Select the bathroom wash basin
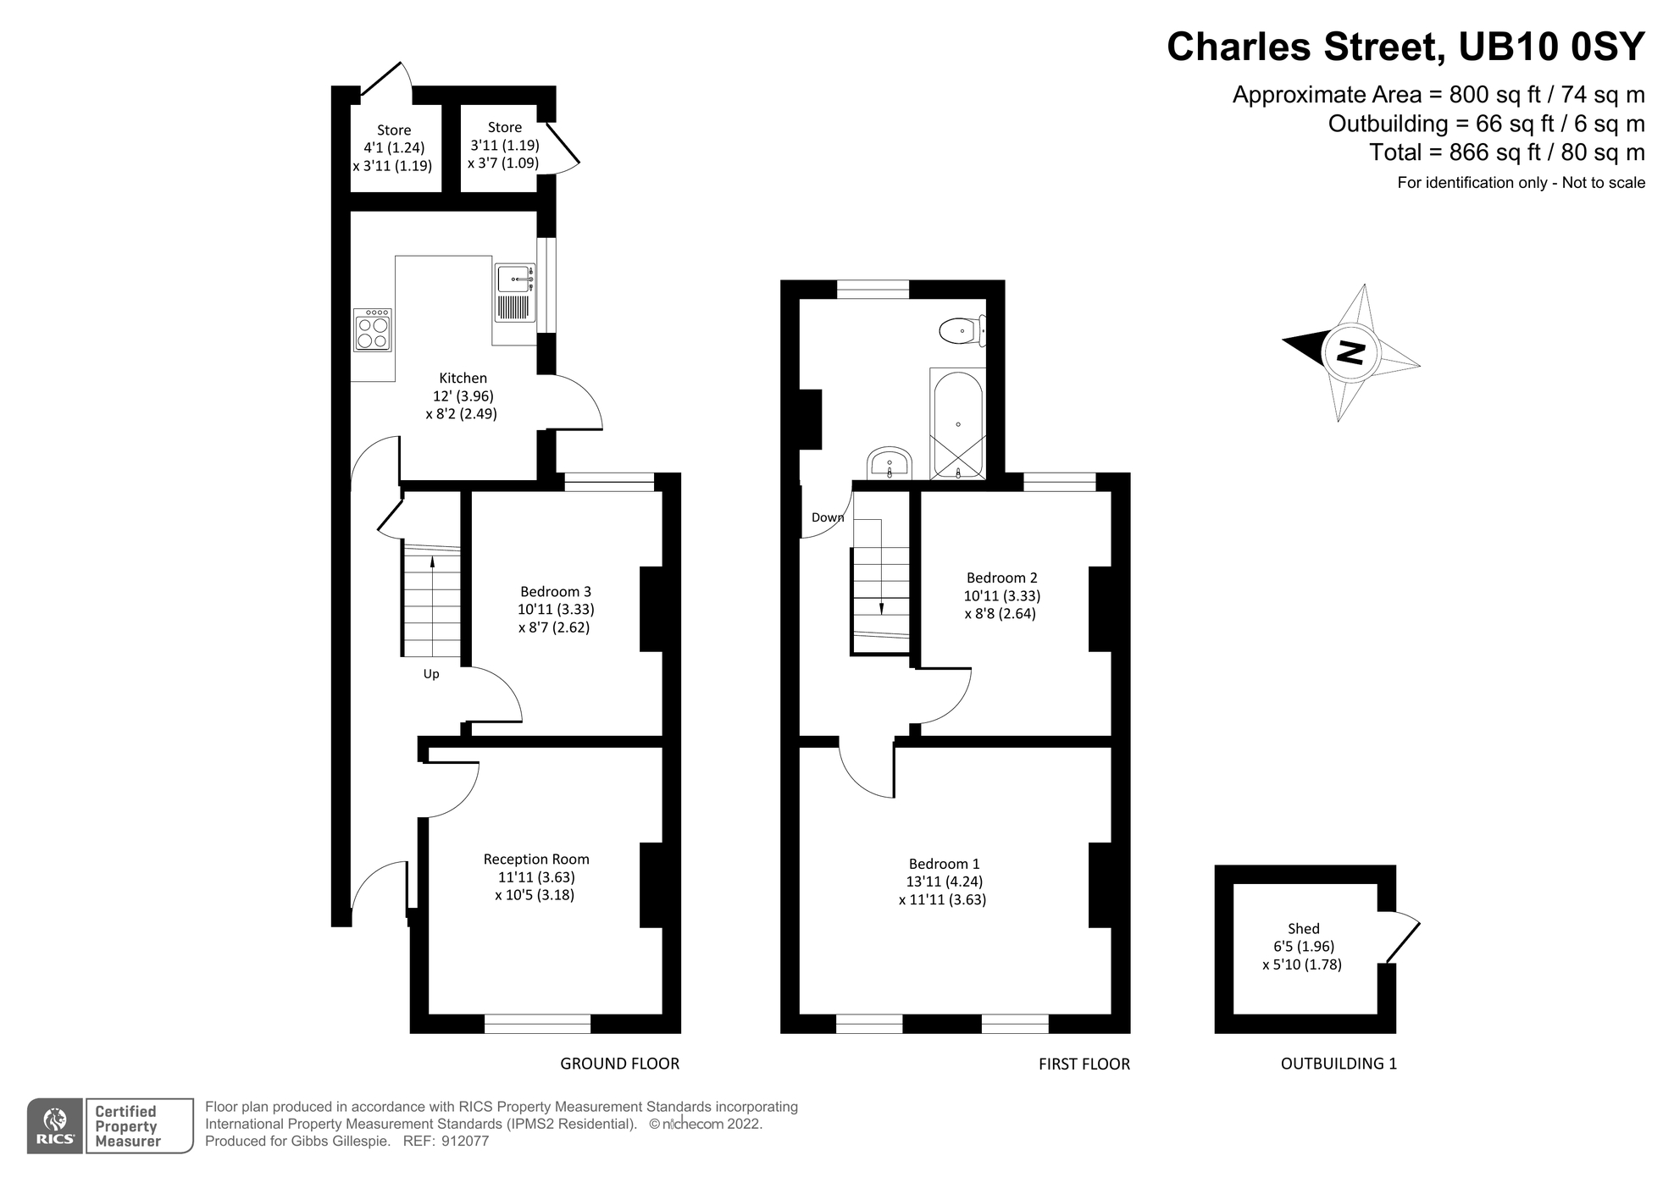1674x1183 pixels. pos(889,464)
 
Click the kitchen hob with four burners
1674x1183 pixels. pos(373,330)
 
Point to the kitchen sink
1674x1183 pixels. pos(515,279)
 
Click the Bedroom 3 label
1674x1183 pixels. pos(556,591)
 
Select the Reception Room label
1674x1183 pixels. pos(536,859)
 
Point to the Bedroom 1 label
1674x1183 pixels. pos(944,864)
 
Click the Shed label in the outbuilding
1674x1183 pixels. pos(1303,928)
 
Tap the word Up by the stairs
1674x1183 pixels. pos(431,674)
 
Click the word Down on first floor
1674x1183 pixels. pos(827,517)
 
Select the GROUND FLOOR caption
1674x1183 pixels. pos(619,1064)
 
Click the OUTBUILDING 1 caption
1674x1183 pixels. pos(1338,1064)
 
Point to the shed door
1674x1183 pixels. pos(1402,937)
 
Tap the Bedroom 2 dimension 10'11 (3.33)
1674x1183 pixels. pos(1001,595)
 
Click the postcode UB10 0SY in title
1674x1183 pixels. pos(1550,47)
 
